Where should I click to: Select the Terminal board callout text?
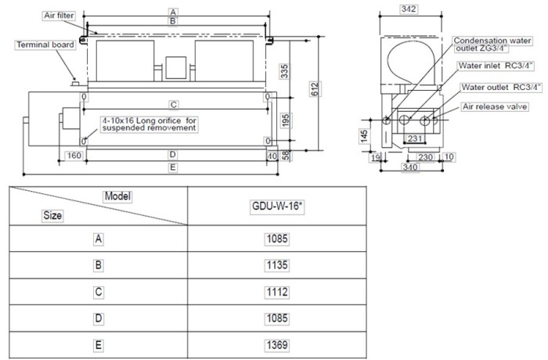tap(45, 45)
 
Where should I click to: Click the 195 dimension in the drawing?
tap(288, 120)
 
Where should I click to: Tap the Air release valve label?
tap(495, 105)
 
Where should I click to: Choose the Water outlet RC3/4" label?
tap(499, 88)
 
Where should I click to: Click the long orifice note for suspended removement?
tap(149, 124)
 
